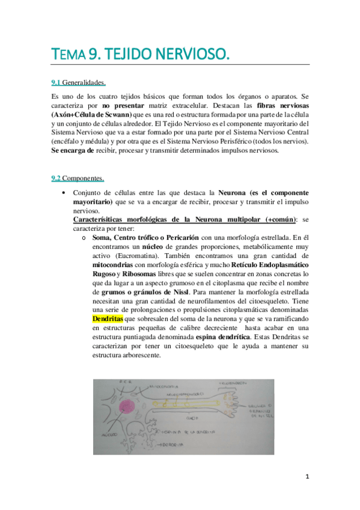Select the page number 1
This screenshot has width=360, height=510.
(307, 477)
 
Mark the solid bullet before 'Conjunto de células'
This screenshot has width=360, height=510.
(64, 192)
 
